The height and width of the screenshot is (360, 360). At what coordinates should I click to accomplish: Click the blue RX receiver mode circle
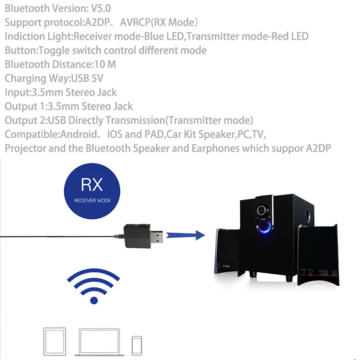92,189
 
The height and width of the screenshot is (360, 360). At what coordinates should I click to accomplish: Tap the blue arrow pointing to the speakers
184,234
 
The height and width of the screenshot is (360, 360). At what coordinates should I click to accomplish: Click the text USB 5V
87,78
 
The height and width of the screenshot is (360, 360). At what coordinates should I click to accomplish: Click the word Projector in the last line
25,148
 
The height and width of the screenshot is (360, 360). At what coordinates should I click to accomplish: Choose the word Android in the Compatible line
79,134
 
